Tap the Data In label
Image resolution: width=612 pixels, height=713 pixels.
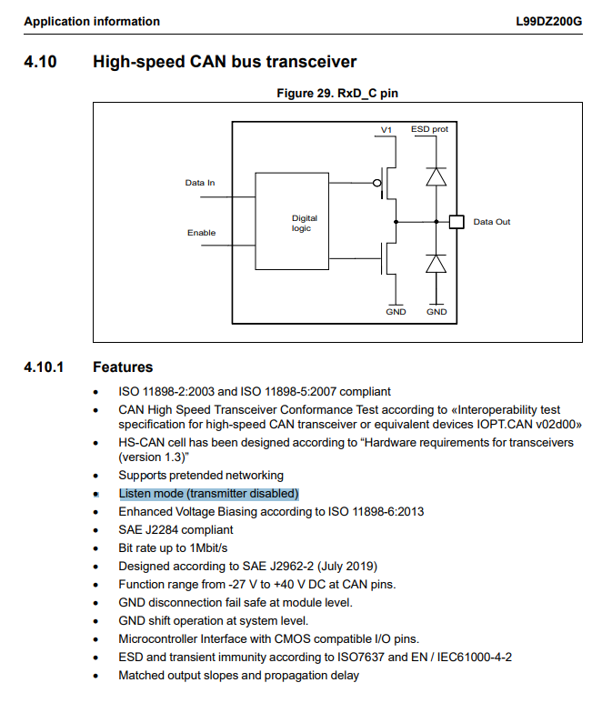pos(200,183)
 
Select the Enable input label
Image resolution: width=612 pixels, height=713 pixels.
pos(201,233)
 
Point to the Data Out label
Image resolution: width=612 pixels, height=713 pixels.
pos(492,222)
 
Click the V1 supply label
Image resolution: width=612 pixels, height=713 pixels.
pos(386,130)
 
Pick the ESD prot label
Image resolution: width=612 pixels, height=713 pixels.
pos(429,129)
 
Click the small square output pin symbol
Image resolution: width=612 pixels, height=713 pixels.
pos(456,221)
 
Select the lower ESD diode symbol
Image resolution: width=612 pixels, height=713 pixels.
pos(436,263)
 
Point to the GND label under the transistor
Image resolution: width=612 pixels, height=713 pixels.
pos(396,311)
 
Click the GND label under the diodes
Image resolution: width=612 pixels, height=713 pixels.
pos(436,311)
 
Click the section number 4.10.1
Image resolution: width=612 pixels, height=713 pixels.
pos(45,367)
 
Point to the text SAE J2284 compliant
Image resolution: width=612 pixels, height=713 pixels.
pos(176,529)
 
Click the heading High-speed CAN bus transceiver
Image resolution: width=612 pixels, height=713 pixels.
pos(225,62)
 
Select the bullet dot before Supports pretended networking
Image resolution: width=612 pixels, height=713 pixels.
pos(96,476)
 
